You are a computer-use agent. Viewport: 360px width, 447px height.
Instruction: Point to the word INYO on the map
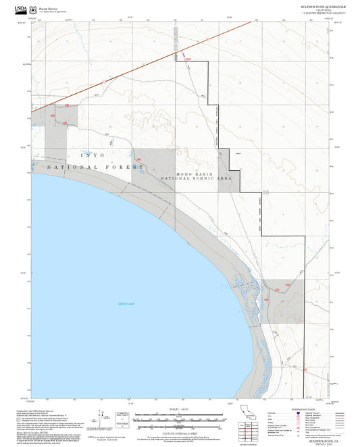click(x=93, y=156)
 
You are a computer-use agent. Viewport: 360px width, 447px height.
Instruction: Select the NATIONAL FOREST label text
click(x=95, y=166)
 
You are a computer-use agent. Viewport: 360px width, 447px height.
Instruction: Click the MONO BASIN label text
click(x=195, y=174)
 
